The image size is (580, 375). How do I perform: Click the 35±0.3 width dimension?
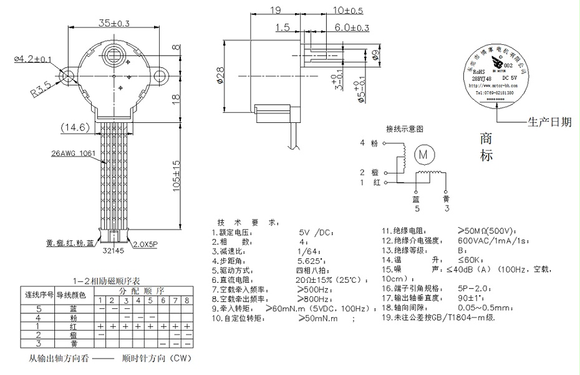114,23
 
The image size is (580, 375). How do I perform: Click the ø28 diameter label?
219,75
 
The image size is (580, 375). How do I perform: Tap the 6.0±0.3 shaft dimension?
352,28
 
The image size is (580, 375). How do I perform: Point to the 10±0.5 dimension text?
349,11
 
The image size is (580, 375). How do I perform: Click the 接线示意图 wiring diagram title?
405,129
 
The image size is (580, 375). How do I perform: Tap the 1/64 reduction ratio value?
310,251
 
